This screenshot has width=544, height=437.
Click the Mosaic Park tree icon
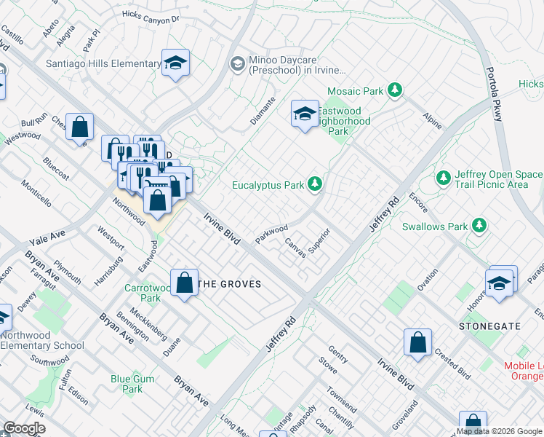coord(395,90)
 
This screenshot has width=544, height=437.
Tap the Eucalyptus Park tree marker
coord(315,184)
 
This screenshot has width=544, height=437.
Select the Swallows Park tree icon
coord(479,226)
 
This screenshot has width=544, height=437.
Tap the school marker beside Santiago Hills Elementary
coord(175,63)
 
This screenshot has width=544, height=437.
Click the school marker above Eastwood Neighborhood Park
coord(305,114)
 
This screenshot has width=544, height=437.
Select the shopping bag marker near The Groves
coord(185,283)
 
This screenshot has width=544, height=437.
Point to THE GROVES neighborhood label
coord(230,284)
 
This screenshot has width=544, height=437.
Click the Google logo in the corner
coord(24,429)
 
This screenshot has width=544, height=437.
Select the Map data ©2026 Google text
coord(500,431)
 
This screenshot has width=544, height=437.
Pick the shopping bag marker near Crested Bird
coord(418,342)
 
